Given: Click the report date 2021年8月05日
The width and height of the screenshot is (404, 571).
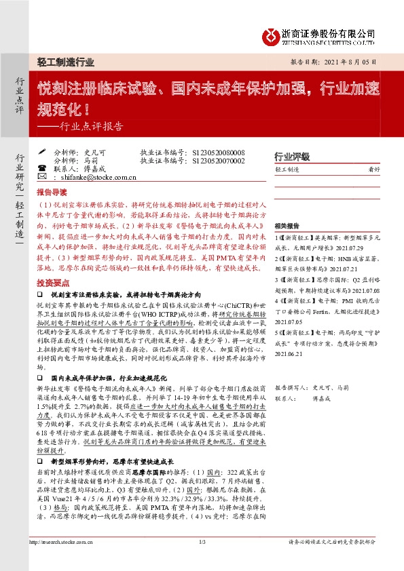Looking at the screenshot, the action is pyautogui.click(x=355, y=60).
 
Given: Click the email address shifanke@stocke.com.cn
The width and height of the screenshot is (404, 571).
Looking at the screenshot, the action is pyautogui.click(x=86, y=177).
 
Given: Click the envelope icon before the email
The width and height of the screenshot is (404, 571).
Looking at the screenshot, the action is pyautogui.click(x=43, y=177).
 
